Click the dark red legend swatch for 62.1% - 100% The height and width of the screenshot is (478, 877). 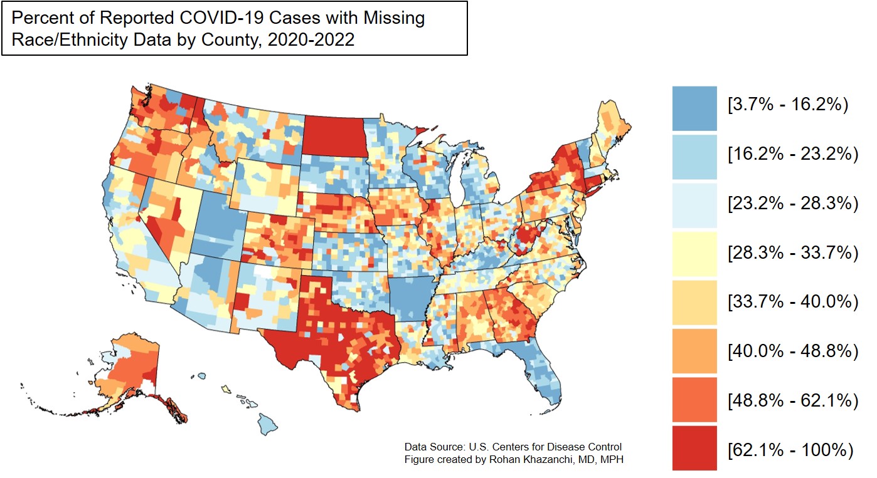[x=694, y=448]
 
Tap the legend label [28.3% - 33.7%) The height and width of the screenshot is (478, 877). [x=792, y=252]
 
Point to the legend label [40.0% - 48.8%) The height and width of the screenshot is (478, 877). [x=792, y=351]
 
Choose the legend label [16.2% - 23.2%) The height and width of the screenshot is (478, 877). [x=792, y=154]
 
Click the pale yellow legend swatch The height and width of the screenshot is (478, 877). [x=694, y=253]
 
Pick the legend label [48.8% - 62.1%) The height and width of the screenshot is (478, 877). [x=792, y=400]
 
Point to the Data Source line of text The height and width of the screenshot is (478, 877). [x=513, y=447]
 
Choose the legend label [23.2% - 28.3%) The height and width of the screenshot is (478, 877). [x=792, y=204]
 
